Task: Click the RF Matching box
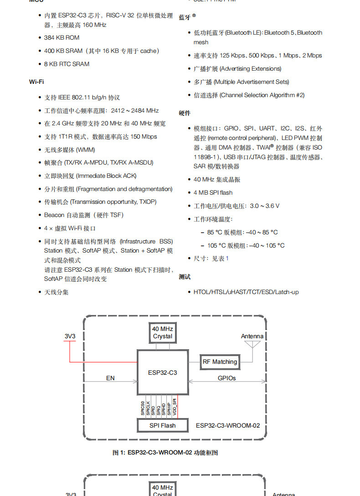pyautogui.click(x=220, y=362)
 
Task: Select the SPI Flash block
pyautogui.click(x=162, y=425)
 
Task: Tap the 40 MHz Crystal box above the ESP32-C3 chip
pyautogui.click(x=163, y=332)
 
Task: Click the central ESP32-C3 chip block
pyautogui.click(x=163, y=372)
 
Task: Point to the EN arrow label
pyautogui.click(x=110, y=378)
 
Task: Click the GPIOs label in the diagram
pyautogui.click(x=226, y=378)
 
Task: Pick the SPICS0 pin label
pyautogui.click(x=143, y=407)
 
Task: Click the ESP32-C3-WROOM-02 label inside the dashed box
pyautogui.click(x=228, y=425)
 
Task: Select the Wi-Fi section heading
pyautogui.click(x=36, y=82)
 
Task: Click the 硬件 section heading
pyautogui.click(x=185, y=113)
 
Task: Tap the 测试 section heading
pyautogui.click(x=185, y=277)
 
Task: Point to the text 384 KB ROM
pyautogui.click(x=62, y=38)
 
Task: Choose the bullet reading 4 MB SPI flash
pyautogui.click(x=213, y=193)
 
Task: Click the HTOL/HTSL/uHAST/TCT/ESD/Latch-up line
pyautogui.click(x=246, y=292)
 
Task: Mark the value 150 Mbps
pyautogui.click(x=144, y=137)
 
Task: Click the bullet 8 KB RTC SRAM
pyautogui.click(x=67, y=64)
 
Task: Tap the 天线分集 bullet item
pyautogui.click(x=56, y=292)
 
